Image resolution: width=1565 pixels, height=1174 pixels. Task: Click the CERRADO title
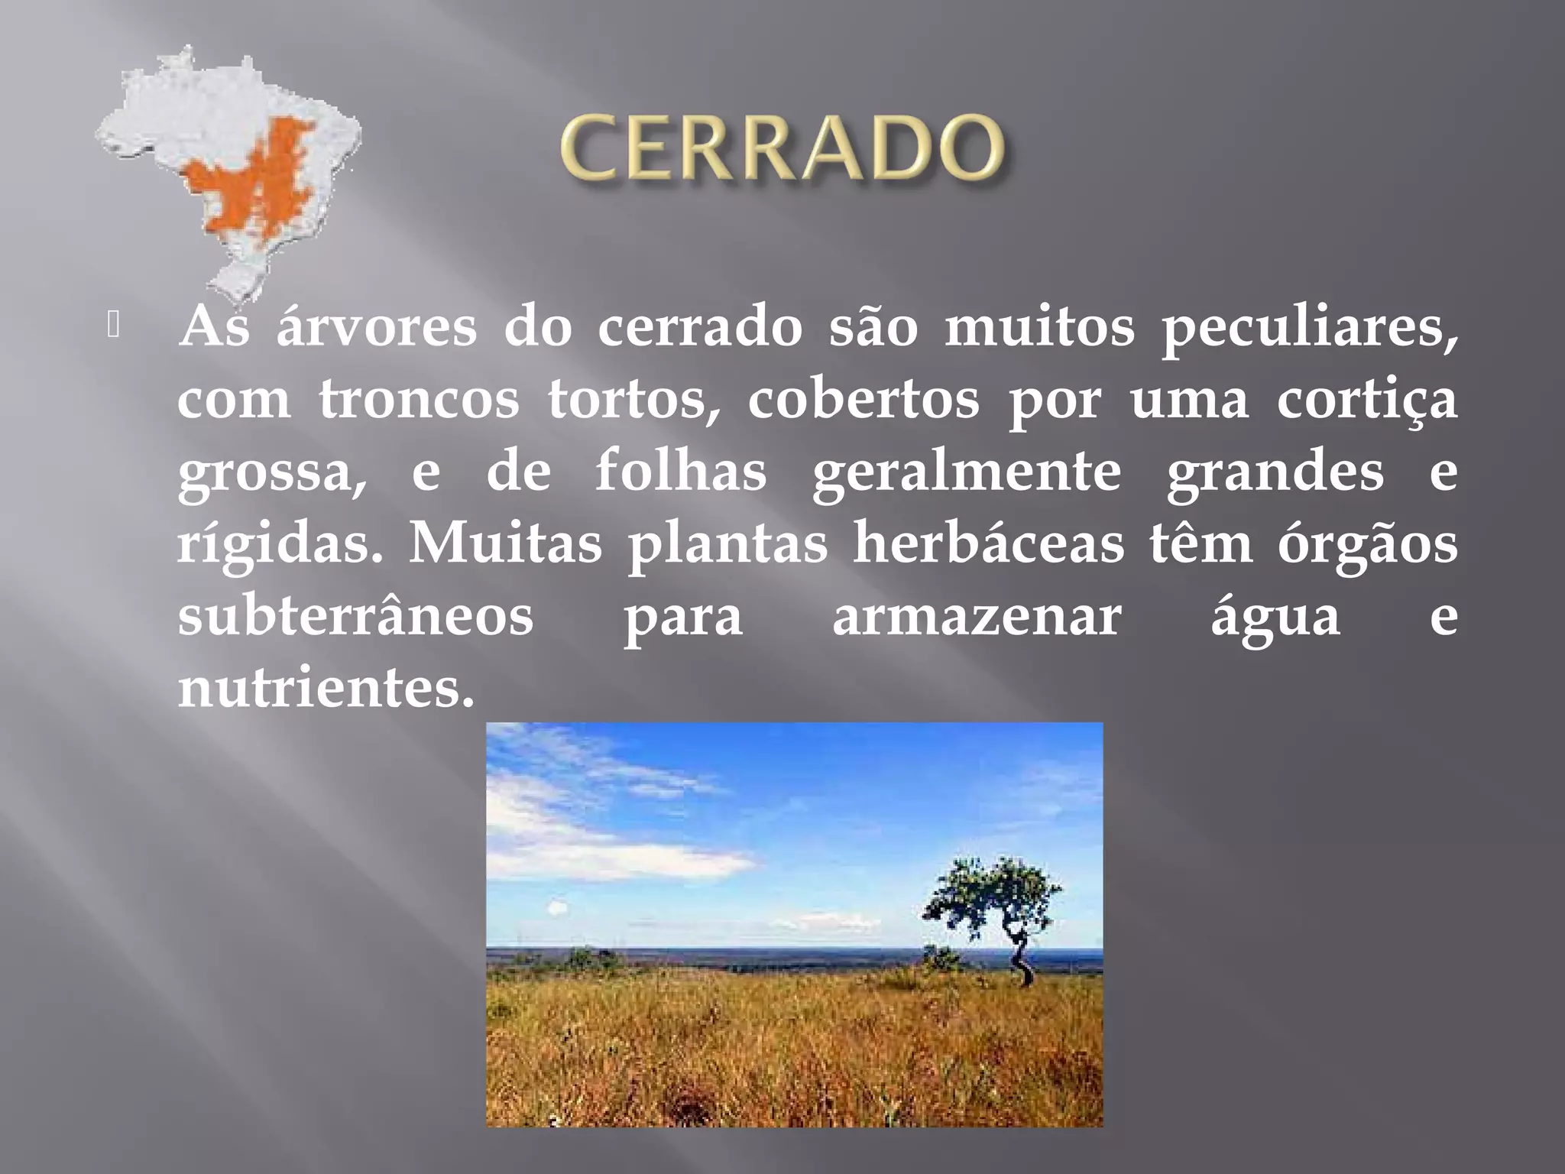782,147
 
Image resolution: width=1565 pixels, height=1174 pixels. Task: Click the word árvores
376,327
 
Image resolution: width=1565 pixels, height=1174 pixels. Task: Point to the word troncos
419,400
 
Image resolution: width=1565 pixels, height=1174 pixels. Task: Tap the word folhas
681,471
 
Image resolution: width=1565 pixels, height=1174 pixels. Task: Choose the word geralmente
967,472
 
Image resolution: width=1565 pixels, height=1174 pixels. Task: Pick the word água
1275,616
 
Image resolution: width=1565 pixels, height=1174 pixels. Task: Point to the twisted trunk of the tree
1021,959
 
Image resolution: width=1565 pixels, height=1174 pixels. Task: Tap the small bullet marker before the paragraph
113,326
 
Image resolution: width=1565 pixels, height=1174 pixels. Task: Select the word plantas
727,544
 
